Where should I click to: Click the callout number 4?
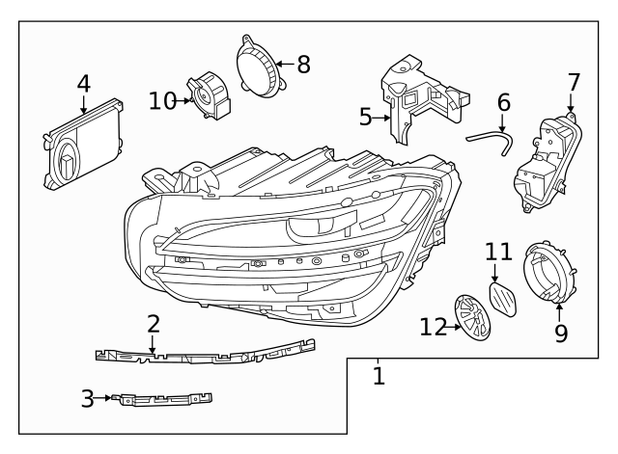pyautogui.click(x=84, y=84)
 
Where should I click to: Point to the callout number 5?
pyautogui.click(x=365, y=118)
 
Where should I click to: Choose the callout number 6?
pyautogui.click(x=502, y=101)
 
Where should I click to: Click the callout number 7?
pyautogui.click(x=573, y=81)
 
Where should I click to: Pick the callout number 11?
pyautogui.click(x=497, y=253)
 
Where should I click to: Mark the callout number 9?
pyautogui.click(x=561, y=333)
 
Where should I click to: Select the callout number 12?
pyautogui.click(x=432, y=327)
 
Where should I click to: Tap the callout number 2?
pyautogui.click(x=154, y=324)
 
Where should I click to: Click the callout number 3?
pyautogui.click(x=88, y=397)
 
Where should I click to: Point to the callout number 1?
pyautogui.click(x=379, y=375)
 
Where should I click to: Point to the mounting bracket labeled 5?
pyautogui.click(x=415, y=96)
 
